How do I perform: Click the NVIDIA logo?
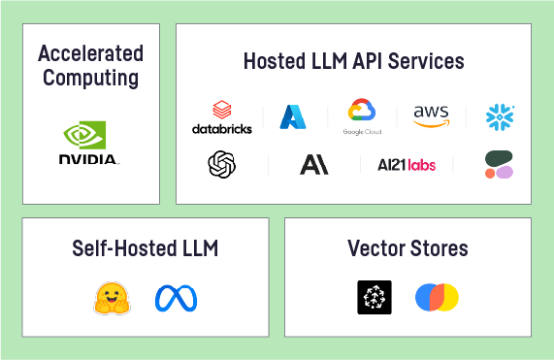[87, 143]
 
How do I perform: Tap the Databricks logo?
[222, 117]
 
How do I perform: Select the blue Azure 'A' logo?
[293, 117]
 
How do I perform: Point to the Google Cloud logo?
[362, 116]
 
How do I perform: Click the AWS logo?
[432, 115]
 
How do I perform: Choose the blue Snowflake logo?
[500, 117]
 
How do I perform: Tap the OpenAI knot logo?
[222, 164]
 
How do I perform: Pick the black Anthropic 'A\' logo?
[314, 165]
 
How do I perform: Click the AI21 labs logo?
[407, 165]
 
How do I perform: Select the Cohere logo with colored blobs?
[499, 164]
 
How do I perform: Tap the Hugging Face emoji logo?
[112, 298]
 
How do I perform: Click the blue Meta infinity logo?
[176, 298]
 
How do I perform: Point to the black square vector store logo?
[375, 298]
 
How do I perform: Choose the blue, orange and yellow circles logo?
[437, 298]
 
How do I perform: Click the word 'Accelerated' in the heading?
[91, 53]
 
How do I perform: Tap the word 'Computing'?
[91, 78]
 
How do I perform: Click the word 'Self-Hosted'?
[124, 248]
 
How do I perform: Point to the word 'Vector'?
[376, 248]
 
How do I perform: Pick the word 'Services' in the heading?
[426, 61]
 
